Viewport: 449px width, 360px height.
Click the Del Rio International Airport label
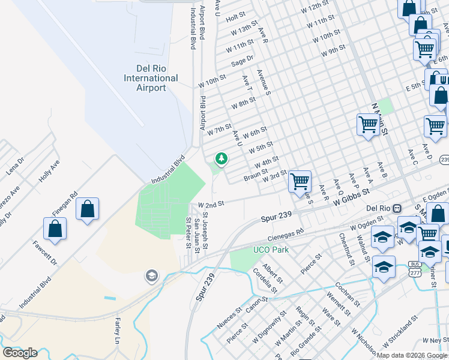(x=151, y=78)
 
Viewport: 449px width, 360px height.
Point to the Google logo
(x=20, y=353)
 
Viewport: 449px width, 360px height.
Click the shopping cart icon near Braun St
(x=299, y=181)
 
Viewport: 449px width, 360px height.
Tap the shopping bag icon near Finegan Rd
(x=88, y=209)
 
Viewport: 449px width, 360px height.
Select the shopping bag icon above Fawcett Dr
(x=55, y=229)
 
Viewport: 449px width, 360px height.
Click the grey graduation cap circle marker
(x=151, y=275)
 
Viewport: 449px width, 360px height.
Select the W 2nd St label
(x=211, y=204)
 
